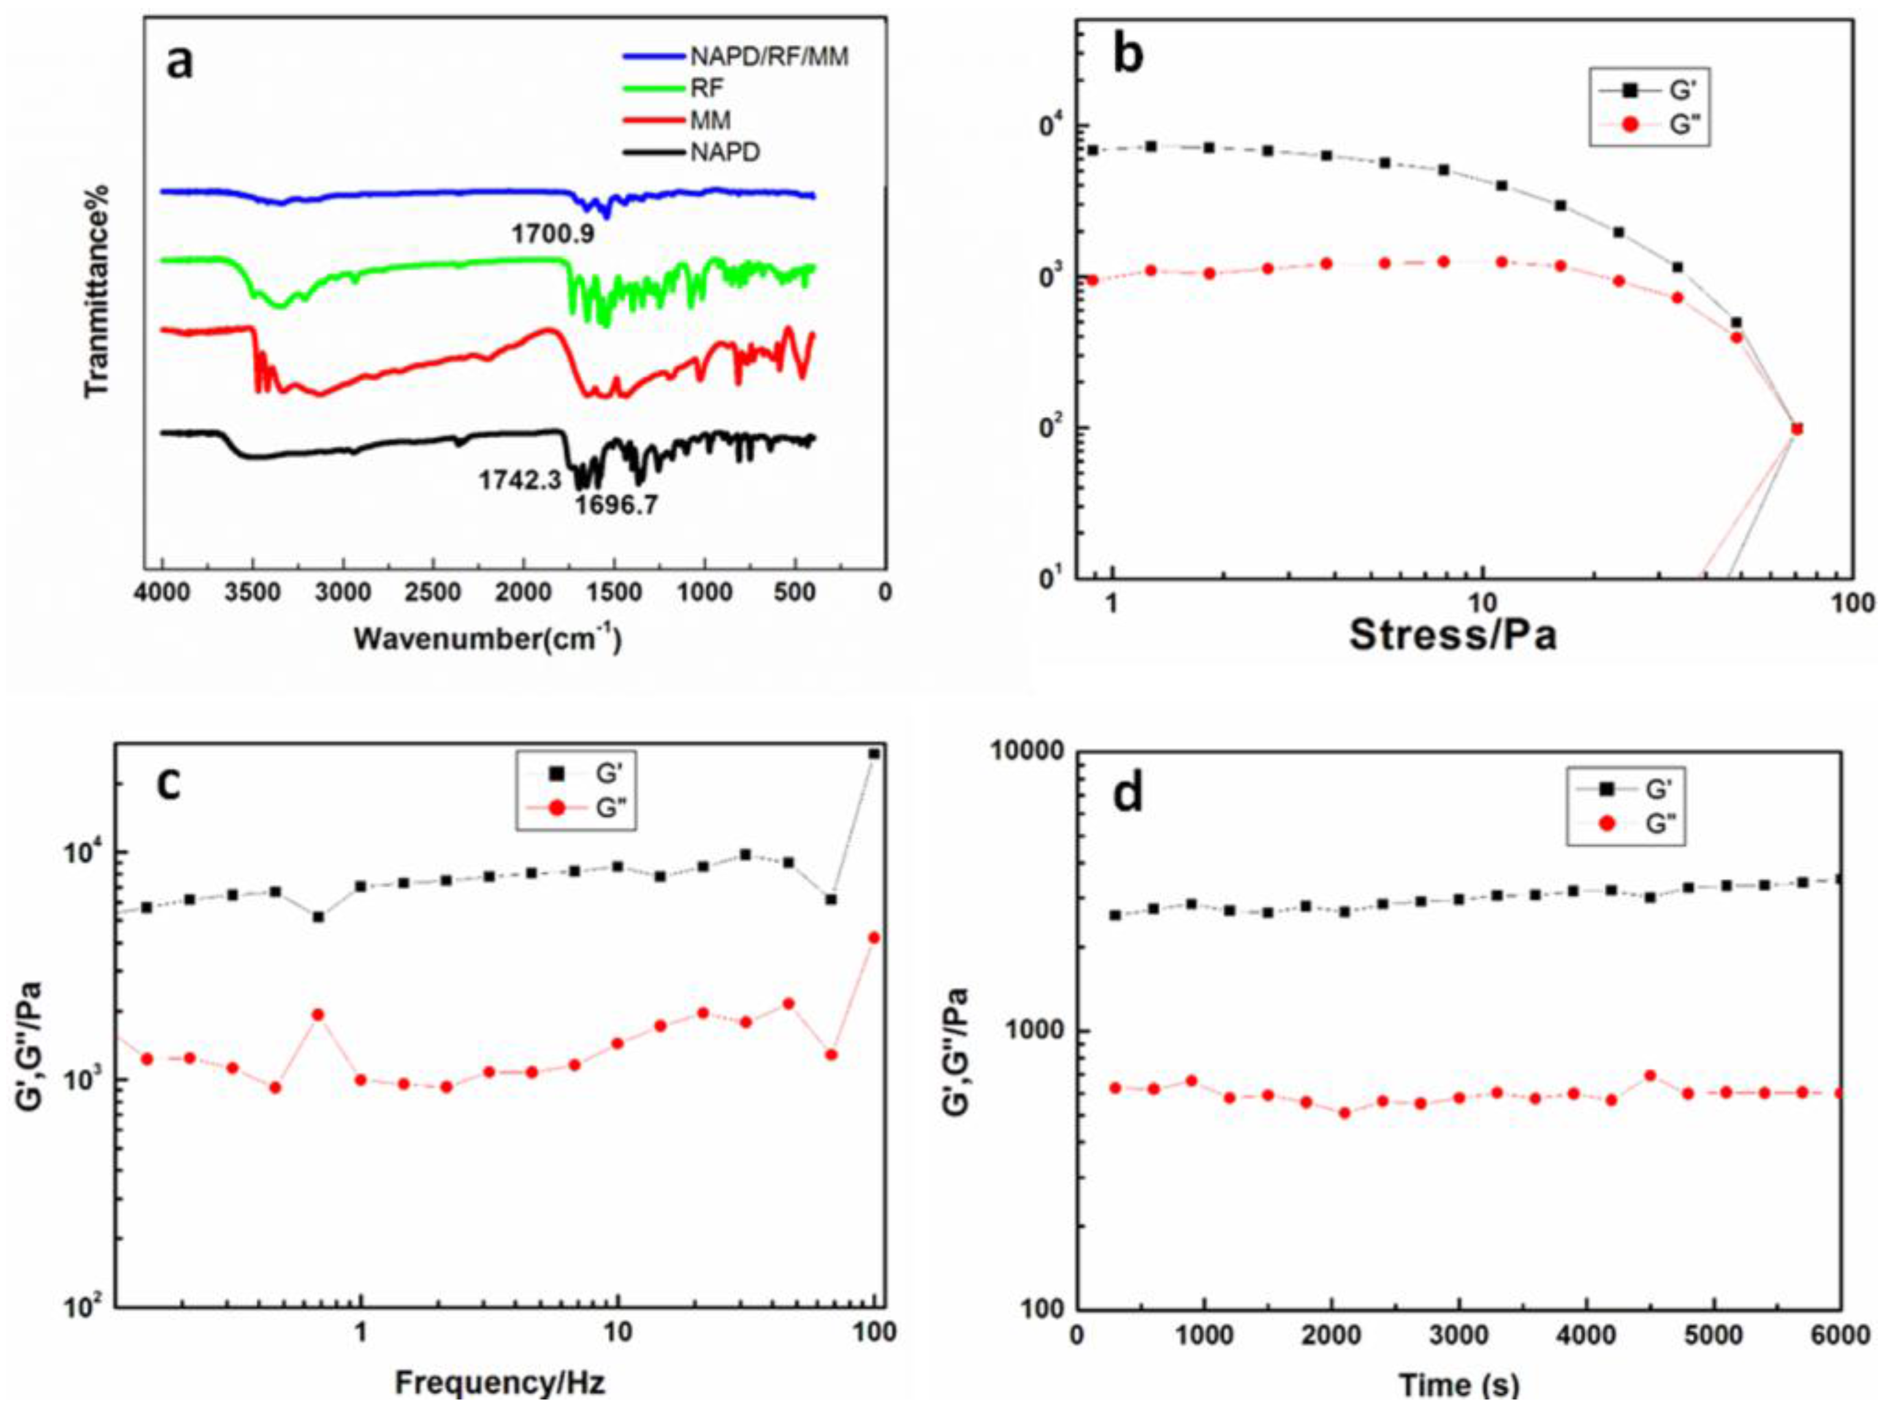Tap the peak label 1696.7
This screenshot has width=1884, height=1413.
616,506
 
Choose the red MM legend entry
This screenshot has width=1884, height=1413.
709,121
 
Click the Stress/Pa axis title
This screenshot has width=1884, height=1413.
1453,634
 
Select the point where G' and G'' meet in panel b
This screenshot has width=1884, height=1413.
1796,428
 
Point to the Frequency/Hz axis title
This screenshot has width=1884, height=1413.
499,1382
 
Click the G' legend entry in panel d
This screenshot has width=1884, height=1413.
1656,790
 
